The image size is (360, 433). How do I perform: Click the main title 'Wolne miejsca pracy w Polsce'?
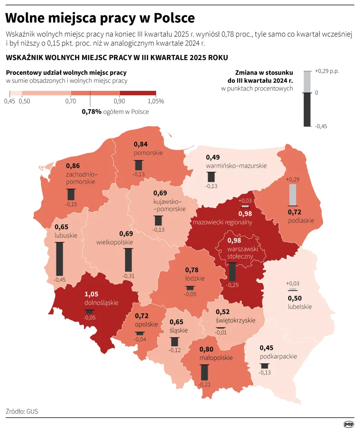pos(100,18)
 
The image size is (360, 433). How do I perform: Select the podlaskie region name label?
pos(301,220)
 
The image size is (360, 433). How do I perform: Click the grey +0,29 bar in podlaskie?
pos(293,194)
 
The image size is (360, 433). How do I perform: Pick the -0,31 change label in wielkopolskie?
pos(128,276)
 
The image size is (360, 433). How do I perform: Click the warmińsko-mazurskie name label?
pos(236,166)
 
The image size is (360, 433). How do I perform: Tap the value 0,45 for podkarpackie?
pos(266,348)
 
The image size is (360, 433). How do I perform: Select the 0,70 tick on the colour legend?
pos(70,101)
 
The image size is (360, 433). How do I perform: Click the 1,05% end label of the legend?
pos(155,101)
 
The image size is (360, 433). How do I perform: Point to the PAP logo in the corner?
pos(348,424)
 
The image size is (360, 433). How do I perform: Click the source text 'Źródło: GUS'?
pos(22,411)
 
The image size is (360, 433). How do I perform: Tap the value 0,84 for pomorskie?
pos(141,144)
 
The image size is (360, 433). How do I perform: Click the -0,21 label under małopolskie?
pos(204,384)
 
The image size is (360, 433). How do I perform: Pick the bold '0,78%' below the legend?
pos(91,111)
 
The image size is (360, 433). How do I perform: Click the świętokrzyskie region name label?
pos(236,320)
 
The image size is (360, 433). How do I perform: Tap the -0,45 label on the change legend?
pos(321,126)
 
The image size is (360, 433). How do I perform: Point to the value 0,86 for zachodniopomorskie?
pos(73,166)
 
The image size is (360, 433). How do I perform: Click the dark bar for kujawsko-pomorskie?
pos(158,220)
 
